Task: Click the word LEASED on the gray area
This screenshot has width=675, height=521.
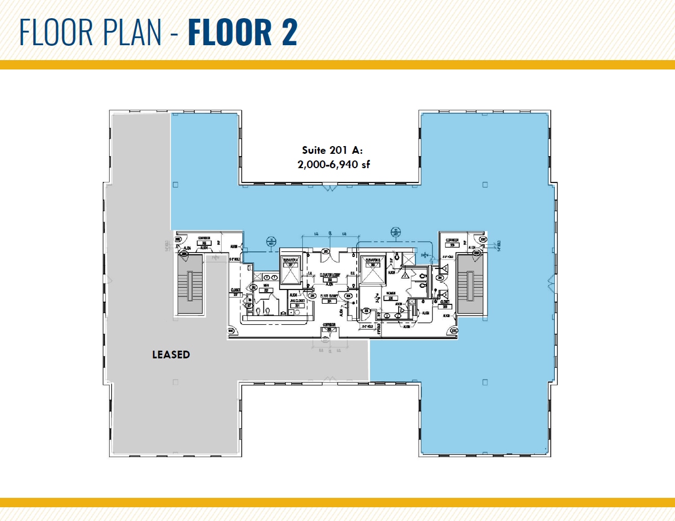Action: coord(171,355)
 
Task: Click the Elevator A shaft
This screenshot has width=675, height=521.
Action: coord(290,270)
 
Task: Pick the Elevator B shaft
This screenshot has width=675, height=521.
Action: coord(372,270)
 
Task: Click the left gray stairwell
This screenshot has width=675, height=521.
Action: coord(190,286)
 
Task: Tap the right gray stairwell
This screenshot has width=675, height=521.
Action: coord(470,286)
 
